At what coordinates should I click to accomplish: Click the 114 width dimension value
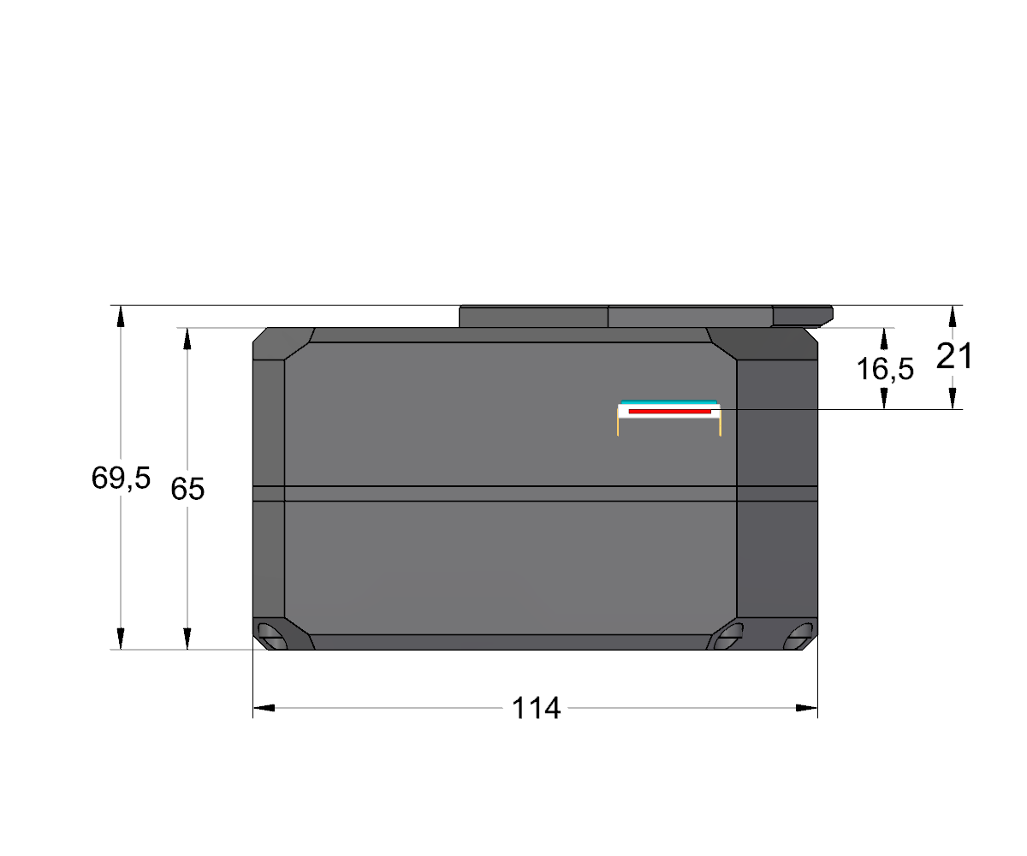(x=536, y=708)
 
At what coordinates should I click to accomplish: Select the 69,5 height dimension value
(x=121, y=478)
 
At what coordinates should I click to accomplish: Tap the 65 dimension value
(x=187, y=489)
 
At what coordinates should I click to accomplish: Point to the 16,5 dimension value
(x=885, y=369)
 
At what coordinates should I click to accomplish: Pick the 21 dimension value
(x=954, y=356)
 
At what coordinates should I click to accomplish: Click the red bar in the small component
(x=670, y=411)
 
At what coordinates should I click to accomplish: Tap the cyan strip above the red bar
(x=669, y=402)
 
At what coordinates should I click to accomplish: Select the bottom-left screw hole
(x=271, y=636)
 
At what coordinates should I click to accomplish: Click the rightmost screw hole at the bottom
(x=798, y=636)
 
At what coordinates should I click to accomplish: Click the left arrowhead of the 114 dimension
(x=264, y=708)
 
